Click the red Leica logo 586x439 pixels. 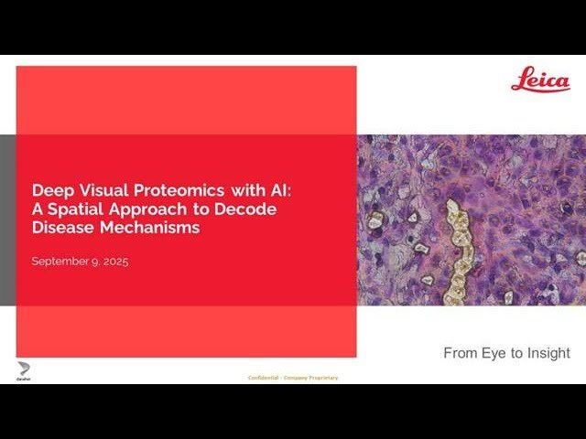[540, 80]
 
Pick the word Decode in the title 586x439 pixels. [250, 209]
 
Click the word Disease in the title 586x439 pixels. [59, 228]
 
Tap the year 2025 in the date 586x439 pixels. [114, 262]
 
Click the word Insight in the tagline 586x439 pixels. [548, 353]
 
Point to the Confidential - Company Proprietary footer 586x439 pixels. [293, 378]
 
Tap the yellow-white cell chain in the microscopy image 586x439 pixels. [455, 247]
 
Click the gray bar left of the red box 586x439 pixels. [7, 219]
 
